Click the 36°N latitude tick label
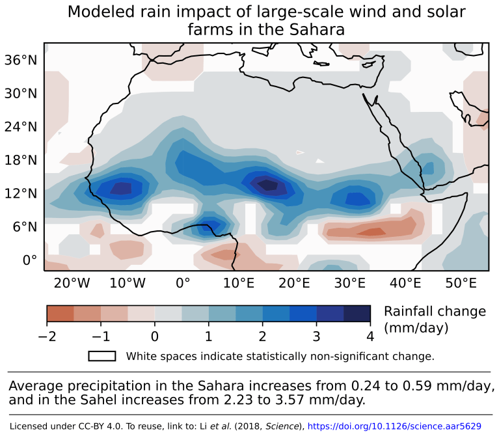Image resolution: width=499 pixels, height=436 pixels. point(21,60)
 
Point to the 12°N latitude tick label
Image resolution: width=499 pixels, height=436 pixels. point(21,193)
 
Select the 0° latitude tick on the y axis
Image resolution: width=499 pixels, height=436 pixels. point(30,260)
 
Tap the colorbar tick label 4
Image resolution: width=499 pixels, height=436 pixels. point(370,336)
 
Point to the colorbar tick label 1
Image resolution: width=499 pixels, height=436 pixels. point(209,336)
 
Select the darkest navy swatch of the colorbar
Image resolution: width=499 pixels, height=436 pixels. point(357,314)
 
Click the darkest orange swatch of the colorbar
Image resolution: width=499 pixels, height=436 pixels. point(60,314)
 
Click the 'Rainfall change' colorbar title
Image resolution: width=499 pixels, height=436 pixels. point(435,312)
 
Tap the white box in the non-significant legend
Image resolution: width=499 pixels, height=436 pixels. point(102,356)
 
